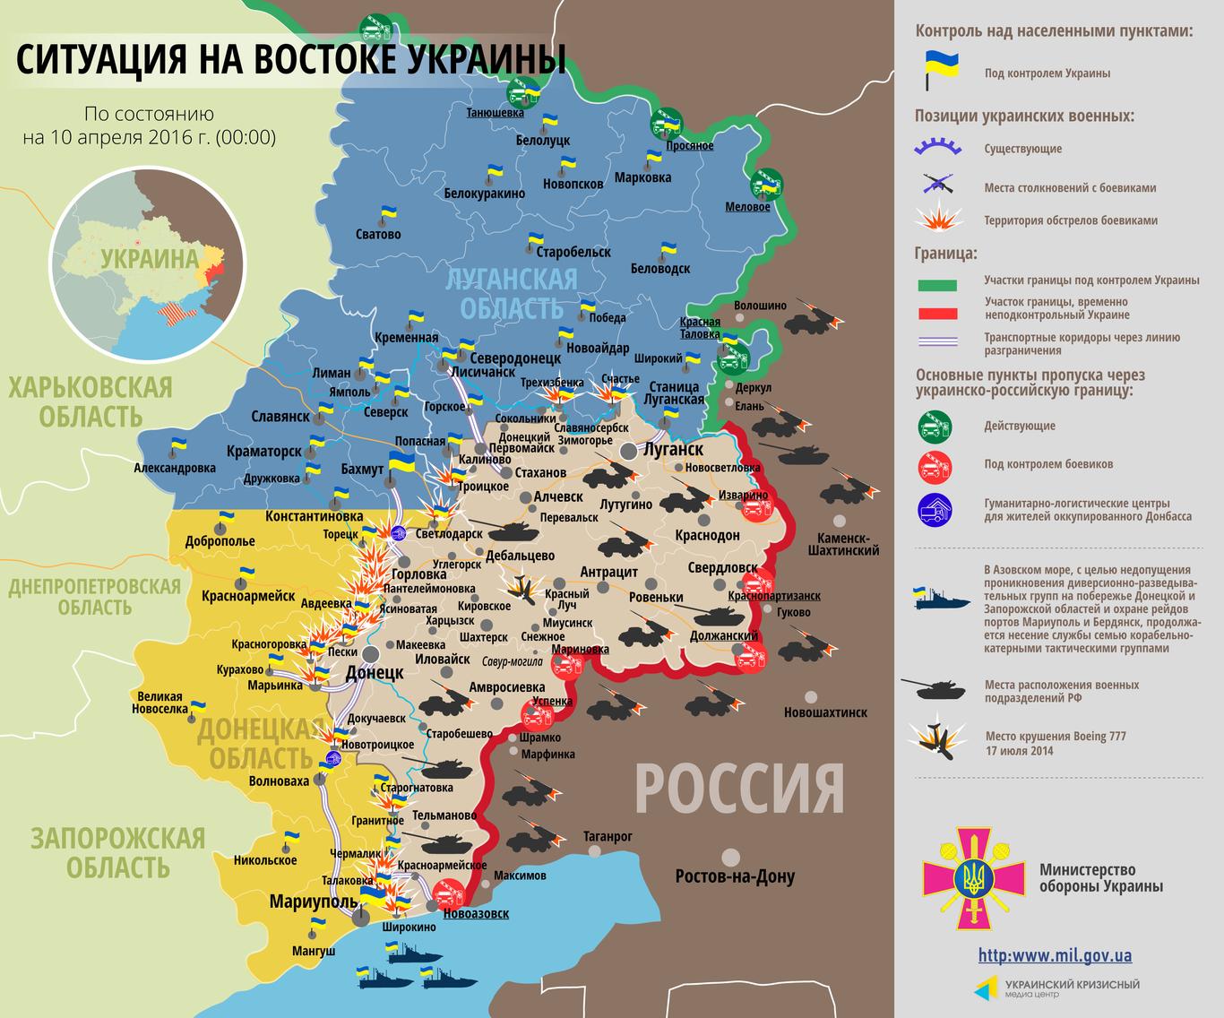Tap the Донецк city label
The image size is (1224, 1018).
coord(374,673)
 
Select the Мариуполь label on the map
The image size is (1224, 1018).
coord(309,902)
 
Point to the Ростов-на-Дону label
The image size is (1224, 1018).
coord(735,876)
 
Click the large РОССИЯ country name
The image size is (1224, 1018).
coord(739,788)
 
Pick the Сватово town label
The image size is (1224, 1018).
coord(378,234)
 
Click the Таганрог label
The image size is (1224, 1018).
coord(608,836)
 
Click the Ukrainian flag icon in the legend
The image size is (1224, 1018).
coord(940,71)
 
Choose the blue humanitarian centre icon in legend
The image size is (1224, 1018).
coord(935,509)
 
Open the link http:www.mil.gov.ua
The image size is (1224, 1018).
coord(1054,955)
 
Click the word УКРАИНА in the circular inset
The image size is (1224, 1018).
coord(149,259)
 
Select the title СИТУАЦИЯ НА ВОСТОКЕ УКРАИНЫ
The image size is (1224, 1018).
coord(291,60)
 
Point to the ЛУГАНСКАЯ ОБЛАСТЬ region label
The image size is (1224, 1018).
coord(511,293)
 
